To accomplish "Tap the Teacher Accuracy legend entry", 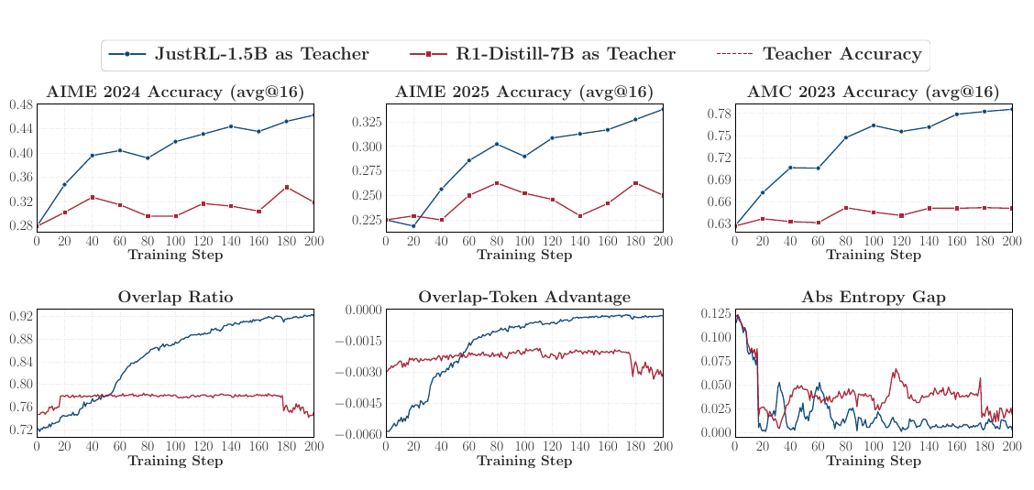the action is click(819, 54).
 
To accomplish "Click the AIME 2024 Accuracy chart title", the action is click(175, 93).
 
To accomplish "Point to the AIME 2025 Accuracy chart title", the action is click(524, 93).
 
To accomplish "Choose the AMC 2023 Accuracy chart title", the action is click(873, 93).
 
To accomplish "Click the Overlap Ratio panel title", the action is click(175, 297).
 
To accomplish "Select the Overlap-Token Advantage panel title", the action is click(524, 297).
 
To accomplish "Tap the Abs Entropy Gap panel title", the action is click(873, 297).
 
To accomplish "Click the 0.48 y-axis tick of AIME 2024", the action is click(22, 104).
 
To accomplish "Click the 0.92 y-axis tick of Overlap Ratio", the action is click(22, 316).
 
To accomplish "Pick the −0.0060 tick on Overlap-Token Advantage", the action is click(358, 434).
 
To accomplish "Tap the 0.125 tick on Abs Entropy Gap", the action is click(717, 313).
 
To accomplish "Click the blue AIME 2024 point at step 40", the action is click(93, 156).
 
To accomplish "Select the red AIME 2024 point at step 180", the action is click(286, 187).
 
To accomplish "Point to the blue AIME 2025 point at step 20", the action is click(413, 226).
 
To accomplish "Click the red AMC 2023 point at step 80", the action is click(846, 208).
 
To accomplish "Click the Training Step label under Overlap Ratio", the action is click(175, 461).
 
